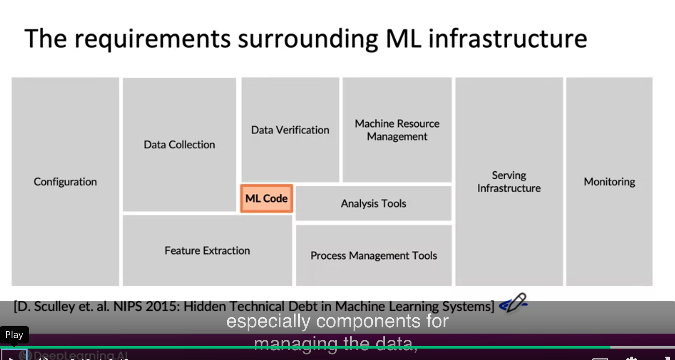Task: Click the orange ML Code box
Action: tap(267, 199)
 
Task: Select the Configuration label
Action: tap(65, 182)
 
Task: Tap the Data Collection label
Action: tap(179, 145)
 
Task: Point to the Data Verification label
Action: tap(290, 130)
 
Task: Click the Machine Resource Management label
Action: tap(397, 130)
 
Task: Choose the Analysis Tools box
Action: tap(373, 204)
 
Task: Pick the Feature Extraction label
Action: tap(207, 251)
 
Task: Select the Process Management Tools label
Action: tap(373, 256)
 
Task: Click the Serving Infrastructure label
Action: tap(509, 182)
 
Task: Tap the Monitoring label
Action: tap(609, 182)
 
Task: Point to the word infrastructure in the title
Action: tap(508, 39)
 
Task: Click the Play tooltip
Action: tap(14, 335)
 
